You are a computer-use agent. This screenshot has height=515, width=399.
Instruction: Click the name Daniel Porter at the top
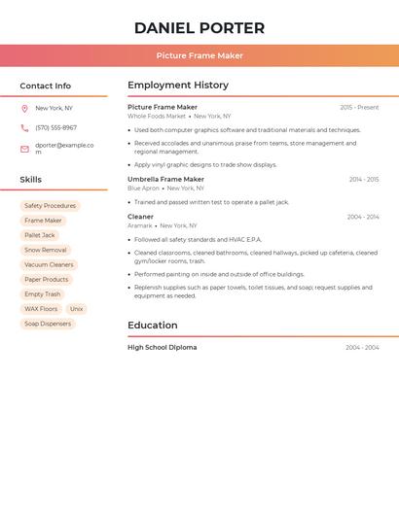[199, 28]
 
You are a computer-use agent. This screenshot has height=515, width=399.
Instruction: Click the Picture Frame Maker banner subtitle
[199, 55]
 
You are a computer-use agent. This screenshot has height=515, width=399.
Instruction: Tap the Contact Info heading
[45, 86]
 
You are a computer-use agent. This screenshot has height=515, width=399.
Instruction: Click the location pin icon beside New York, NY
[24, 109]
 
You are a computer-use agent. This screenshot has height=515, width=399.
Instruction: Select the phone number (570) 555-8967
[55, 127]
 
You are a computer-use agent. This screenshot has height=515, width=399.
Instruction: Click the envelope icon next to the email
[24, 149]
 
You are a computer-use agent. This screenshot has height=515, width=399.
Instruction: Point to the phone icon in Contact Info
[24, 127]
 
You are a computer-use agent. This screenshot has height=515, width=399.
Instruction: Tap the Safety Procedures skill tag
[50, 206]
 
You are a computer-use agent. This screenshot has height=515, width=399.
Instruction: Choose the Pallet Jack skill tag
[40, 235]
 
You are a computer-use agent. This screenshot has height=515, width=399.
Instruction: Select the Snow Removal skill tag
[46, 250]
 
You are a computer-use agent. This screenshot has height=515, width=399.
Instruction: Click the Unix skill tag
[76, 309]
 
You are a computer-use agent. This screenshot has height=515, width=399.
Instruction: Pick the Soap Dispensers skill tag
[48, 324]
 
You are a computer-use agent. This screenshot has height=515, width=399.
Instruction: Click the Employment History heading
[178, 86]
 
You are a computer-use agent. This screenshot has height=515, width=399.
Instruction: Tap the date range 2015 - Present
[359, 108]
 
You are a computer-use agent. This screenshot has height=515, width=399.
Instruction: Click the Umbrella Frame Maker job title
[165, 180]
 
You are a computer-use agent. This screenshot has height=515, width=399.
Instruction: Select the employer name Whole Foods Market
[156, 117]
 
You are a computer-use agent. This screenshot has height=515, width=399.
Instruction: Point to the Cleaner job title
[140, 217]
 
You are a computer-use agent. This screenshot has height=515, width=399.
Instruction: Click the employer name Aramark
[140, 225]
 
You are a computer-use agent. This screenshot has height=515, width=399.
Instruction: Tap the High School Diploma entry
[162, 347]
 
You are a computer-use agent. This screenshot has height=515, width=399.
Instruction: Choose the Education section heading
[152, 326]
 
